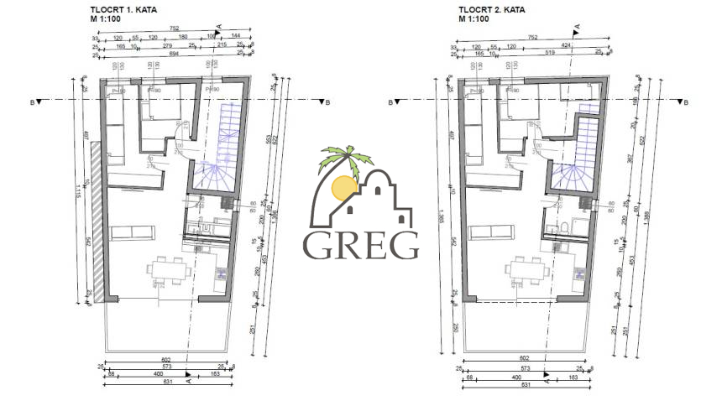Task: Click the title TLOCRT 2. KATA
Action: point(490,10)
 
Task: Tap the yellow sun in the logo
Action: point(344,188)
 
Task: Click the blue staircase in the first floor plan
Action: point(220,151)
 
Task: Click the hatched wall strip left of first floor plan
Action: point(97,222)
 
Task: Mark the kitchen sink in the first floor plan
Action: point(221,273)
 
